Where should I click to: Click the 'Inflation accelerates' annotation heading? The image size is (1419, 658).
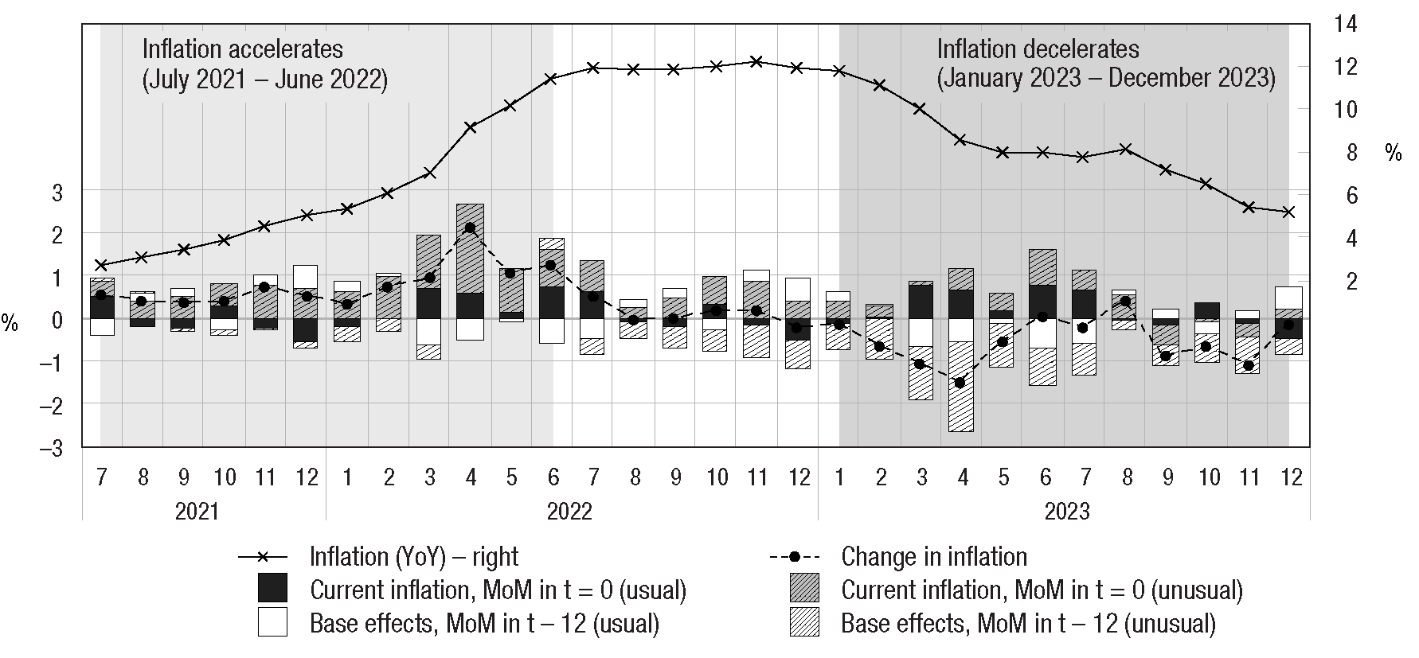pos(242,49)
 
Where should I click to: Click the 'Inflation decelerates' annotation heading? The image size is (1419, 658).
pos(1038,49)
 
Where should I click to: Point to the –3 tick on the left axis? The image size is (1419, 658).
pos(52,448)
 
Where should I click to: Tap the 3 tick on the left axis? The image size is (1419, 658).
pos(57,191)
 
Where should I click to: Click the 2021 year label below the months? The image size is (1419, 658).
pos(197,510)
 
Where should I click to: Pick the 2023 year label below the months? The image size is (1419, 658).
pos(1066,510)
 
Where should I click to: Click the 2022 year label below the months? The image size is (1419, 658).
pos(569,510)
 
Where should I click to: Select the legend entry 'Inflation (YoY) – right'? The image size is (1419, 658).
pos(414,556)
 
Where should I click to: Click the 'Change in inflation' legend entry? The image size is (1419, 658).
pos(933,556)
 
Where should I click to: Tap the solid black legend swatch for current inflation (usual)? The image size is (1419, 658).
pos(272,589)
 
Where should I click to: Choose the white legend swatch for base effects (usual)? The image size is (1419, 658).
pos(272,622)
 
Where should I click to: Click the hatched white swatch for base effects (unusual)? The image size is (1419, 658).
pos(804,622)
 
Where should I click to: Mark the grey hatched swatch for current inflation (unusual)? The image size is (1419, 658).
pos(804,589)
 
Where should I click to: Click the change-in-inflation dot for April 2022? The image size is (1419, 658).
pos(470,228)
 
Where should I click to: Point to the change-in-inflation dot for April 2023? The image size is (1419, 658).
pos(960,383)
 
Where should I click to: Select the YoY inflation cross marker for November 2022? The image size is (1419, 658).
pos(756,61)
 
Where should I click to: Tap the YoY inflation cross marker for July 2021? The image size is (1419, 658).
pos(101,265)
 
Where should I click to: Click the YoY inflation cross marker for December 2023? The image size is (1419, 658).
pos(1289,212)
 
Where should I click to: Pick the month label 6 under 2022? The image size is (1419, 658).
pos(553,477)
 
